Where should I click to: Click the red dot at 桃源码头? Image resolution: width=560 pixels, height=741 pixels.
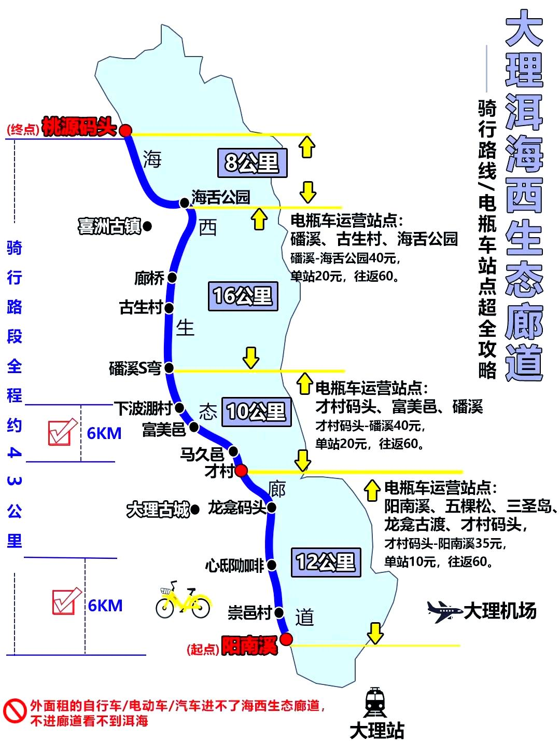pyautogui.click(x=125, y=130)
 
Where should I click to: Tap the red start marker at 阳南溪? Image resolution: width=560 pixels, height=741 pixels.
pyautogui.click(x=286, y=639)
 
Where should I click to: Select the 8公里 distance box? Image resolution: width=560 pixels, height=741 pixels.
pyautogui.click(x=252, y=163)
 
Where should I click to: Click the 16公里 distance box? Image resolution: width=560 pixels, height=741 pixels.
pyautogui.click(x=243, y=296)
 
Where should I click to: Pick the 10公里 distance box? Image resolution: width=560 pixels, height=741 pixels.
pyautogui.click(x=256, y=412)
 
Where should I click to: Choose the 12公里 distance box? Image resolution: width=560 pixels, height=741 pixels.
pyautogui.click(x=326, y=562)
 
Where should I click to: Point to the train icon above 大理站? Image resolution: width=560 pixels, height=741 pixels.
pyautogui.click(x=375, y=703)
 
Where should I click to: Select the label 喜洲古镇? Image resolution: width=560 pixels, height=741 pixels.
pyautogui.click(x=109, y=226)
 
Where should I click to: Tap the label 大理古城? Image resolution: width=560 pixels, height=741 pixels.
pyautogui.click(x=158, y=510)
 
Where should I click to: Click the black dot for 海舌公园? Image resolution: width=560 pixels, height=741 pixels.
pyautogui.click(x=184, y=203)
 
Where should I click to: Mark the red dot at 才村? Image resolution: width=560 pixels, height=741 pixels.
pyautogui.click(x=241, y=471)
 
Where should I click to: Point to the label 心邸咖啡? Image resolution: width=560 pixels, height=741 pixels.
pyautogui.click(x=234, y=565)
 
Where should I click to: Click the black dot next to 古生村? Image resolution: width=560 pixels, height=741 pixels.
pyautogui.click(x=169, y=308)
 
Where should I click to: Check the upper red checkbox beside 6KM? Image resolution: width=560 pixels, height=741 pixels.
pyautogui.click(x=61, y=432)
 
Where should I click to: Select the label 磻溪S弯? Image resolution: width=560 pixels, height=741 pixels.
pyautogui.click(x=135, y=368)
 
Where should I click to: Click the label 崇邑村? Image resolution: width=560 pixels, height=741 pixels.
pyautogui.click(x=249, y=613)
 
